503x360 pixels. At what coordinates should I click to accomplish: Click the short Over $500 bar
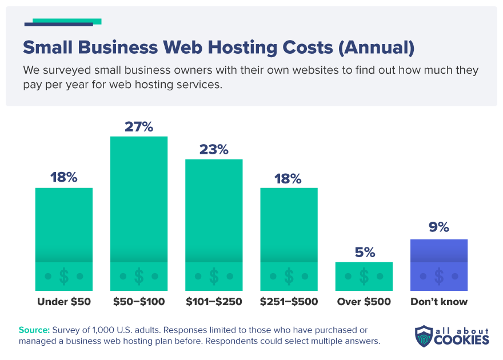click(364, 276)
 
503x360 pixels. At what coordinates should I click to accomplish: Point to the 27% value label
click(139, 127)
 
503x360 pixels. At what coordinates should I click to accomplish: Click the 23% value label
click(214, 150)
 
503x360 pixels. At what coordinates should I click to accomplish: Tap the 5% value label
click(364, 253)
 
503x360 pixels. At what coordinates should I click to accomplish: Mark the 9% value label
click(439, 227)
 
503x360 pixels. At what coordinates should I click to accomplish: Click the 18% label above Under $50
click(64, 178)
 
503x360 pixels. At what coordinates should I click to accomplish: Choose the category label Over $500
click(364, 302)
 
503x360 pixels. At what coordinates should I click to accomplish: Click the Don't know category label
click(439, 302)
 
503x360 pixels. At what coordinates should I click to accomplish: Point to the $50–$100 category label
click(139, 302)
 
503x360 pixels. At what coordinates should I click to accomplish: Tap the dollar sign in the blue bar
click(439, 277)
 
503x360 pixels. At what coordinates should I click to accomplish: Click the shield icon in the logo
click(424, 336)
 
